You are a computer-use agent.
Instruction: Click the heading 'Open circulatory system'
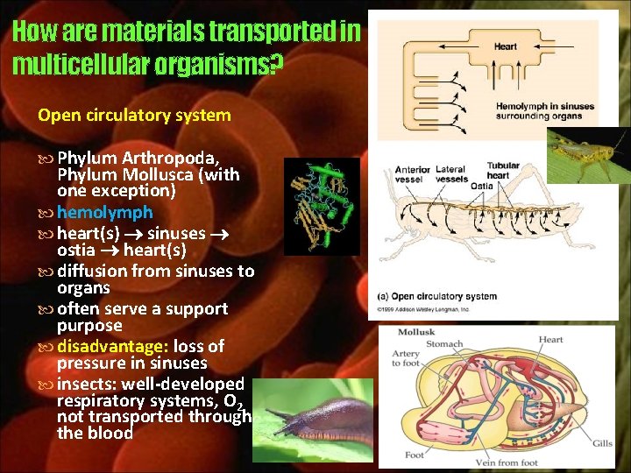(134, 115)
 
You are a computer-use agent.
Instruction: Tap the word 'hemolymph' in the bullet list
(104, 212)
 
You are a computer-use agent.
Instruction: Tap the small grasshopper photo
(588, 155)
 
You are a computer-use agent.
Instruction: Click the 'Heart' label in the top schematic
(506, 46)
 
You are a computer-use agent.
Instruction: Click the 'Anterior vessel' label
(413, 174)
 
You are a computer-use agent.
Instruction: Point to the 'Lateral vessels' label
(451, 173)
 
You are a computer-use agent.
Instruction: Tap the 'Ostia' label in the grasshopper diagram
(482, 186)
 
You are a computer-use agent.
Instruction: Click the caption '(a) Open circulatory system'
(437, 296)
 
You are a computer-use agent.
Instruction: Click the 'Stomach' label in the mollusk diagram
(444, 343)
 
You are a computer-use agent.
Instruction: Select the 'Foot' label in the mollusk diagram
(415, 455)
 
